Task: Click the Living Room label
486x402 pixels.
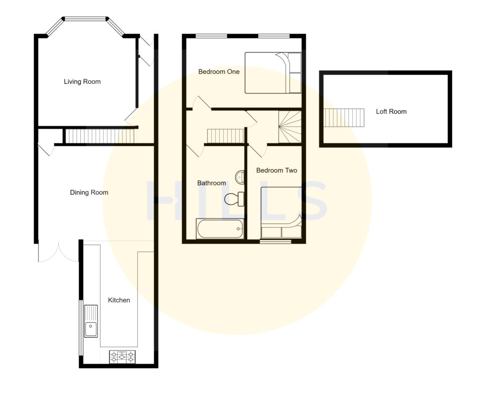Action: pyautogui.click(x=82, y=82)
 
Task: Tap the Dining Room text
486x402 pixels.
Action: pyautogui.click(x=89, y=192)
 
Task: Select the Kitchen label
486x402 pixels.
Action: pyautogui.click(x=119, y=300)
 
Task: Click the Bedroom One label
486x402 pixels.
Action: pyautogui.click(x=218, y=72)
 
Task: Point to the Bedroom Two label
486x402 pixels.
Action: pyautogui.click(x=276, y=170)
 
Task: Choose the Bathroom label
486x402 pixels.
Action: pyautogui.click(x=211, y=183)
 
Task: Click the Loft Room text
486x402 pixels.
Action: pyautogui.click(x=391, y=111)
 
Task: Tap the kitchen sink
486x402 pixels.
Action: pyautogui.click(x=91, y=321)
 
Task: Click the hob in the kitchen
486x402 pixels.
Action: pyautogui.click(x=122, y=356)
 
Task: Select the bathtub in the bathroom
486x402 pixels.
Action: pyautogui.click(x=220, y=228)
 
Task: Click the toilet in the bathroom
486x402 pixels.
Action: pyautogui.click(x=234, y=199)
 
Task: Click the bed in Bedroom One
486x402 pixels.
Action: pyautogui.click(x=272, y=73)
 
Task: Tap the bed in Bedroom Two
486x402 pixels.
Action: pyautogui.click(x=281, y=212)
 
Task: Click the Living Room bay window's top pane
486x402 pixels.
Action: pyautogui.click(x=85, y=19)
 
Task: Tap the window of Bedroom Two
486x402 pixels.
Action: pyautogui.click(x=275, y=242)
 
